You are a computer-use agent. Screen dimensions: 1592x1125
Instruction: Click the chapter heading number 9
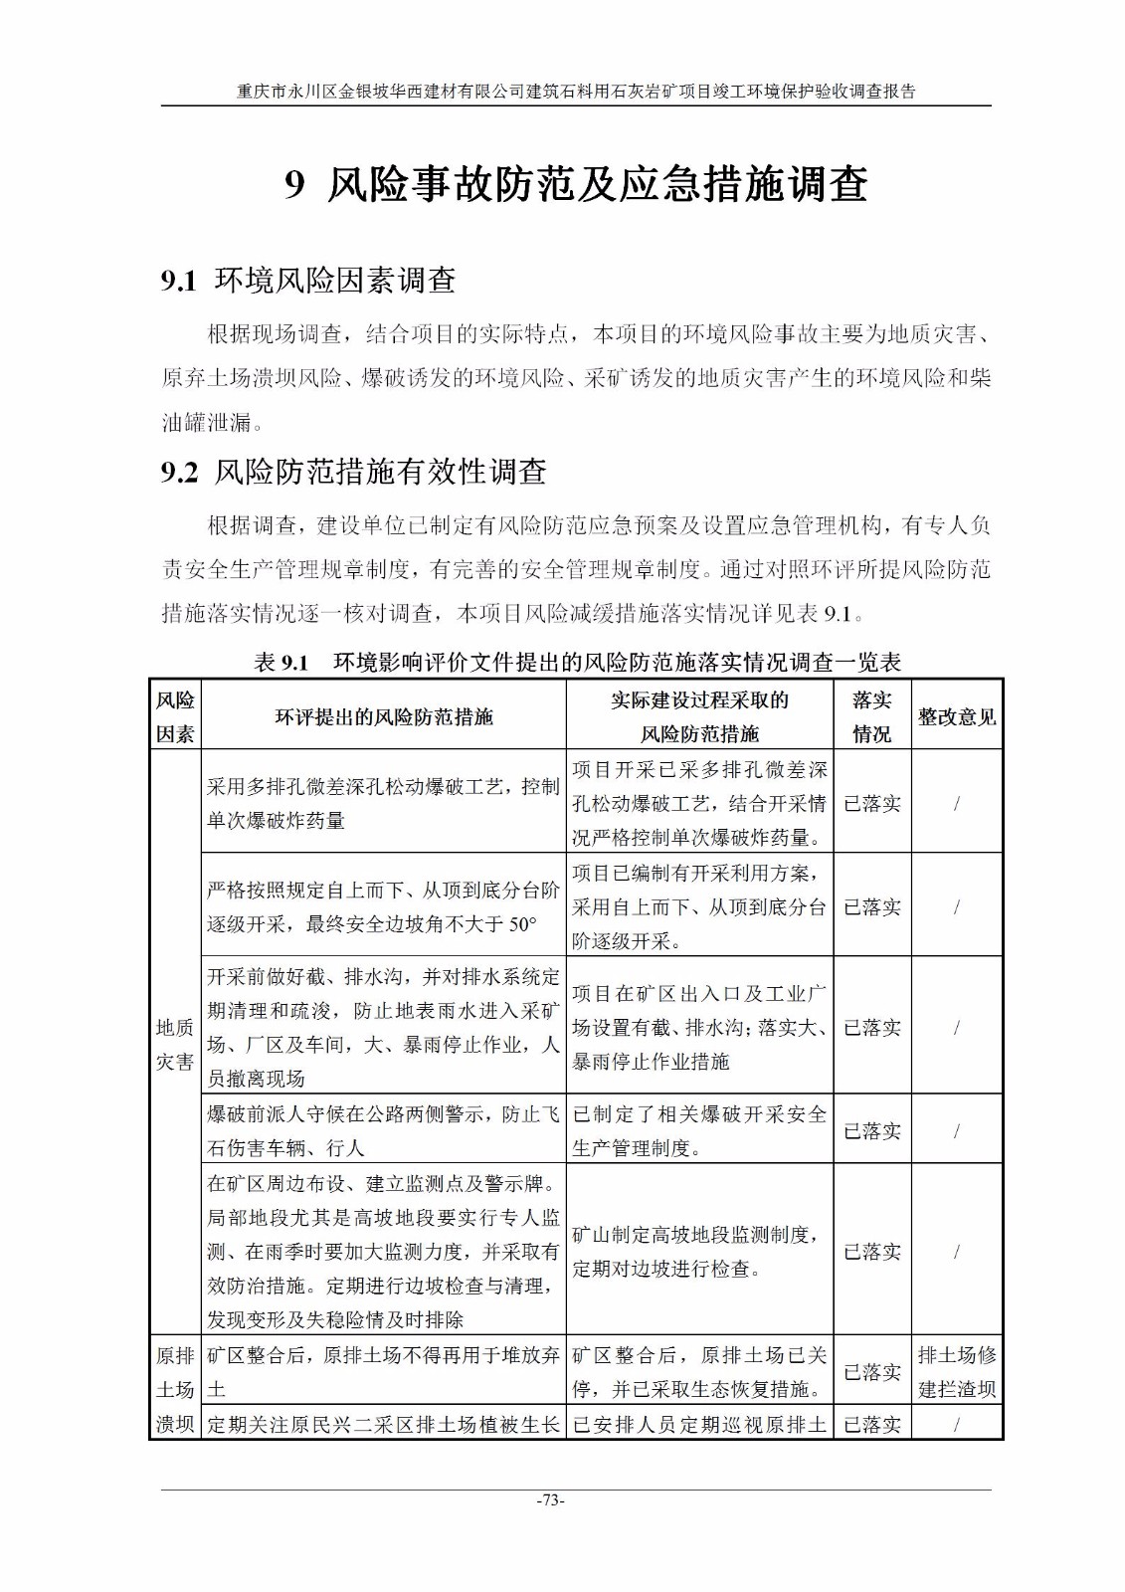[293, 186]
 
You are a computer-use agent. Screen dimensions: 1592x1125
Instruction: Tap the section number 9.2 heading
[180, 472]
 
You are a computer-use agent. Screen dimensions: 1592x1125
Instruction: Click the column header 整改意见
[956, 716]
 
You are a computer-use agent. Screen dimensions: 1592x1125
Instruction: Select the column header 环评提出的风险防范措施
[384, 716]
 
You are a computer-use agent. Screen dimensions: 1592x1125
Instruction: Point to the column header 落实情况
[871, 716]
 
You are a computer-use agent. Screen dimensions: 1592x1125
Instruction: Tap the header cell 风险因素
[175, 716]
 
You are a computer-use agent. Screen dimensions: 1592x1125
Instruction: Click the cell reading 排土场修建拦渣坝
[956, 1372]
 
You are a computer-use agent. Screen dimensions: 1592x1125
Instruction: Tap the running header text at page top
[576, 92]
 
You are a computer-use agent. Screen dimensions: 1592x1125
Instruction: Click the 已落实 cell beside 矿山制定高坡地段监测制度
[871, 1252]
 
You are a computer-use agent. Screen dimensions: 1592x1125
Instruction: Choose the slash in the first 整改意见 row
[956, 803]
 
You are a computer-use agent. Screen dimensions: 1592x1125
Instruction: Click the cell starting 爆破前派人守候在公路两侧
[384, 1130]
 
